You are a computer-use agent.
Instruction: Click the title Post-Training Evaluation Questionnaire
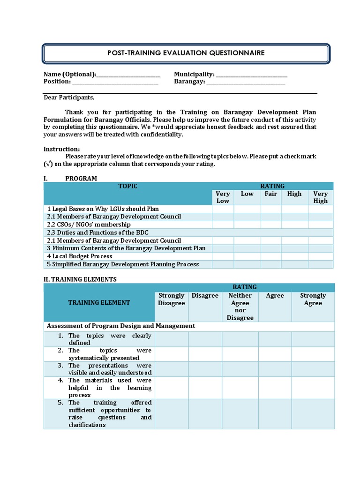pos(186,53)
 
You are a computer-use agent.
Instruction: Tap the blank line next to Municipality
pos(252,75)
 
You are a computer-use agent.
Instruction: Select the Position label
pos(57,82)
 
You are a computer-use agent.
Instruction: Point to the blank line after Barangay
pos(246,82)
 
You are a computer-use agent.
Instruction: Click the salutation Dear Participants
pos(69,97)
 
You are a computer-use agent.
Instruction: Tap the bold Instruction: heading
pos(61,149)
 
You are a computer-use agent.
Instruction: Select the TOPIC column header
pos(127,186)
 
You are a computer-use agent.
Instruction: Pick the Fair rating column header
pos(271,194)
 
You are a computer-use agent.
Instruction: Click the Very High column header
pos(321,197)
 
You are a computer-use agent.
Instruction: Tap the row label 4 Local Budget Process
pos(80,256)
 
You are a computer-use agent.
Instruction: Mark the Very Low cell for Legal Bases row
pos(223,209)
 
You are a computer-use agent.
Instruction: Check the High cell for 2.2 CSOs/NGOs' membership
pos(294,225)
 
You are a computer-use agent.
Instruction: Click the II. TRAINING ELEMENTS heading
pos(80,279)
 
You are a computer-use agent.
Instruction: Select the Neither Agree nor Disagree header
pos(240,307)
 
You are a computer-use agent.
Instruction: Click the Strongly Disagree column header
pos(172,299)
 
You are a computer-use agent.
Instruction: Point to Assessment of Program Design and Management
pos(120,326)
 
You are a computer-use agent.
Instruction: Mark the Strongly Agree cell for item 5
pos(313,413)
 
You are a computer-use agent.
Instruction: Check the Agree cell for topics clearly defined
pos(275,339)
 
